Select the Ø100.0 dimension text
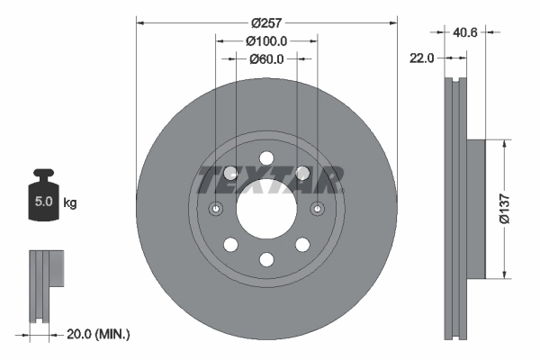[x=266, y=40]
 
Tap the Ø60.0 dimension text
[x=266, y=59]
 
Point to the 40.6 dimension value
[x=465, y=33]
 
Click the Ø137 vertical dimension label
[x=510, y=209]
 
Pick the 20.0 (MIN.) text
[x=99, y=334]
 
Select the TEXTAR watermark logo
[x=267, y=181]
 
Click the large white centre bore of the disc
[x=266, y=209]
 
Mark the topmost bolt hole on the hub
[x=266, y=159]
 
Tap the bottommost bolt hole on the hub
[x=266, y=259]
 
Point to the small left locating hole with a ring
[x=216, y=209]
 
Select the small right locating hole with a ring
[x=317, y=209]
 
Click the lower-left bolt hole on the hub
[x=230, y=245]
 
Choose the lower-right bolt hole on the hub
[x=302, y=245]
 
